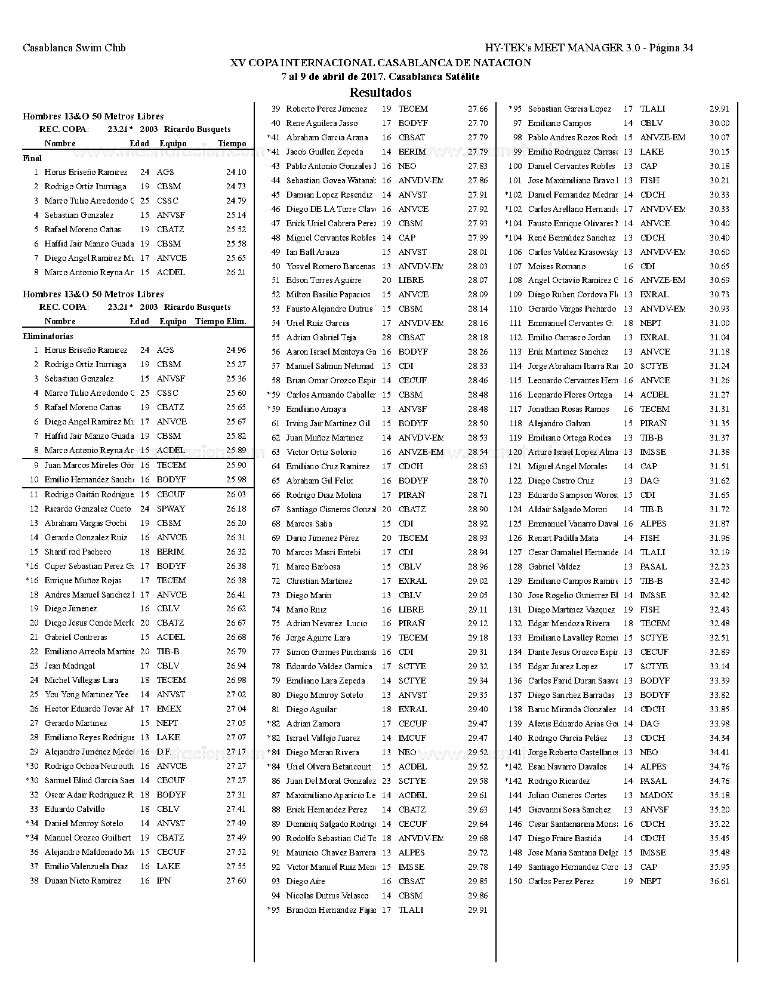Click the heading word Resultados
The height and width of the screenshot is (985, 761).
[x=380, y=93]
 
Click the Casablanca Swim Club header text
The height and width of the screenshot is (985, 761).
[x=74, y=48]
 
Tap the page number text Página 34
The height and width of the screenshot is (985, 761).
[x=671, y=48]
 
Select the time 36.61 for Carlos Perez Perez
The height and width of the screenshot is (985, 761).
[x=719, y=881]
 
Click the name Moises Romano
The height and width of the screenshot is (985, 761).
[x=556, y=266]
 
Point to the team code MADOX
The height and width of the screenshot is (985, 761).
[x=656, y=795]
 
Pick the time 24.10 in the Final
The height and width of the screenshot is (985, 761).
[x=236, y=172]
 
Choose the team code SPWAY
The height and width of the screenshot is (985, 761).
[x=171, y=509]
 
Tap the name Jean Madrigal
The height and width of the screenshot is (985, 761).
[x=69, y=666]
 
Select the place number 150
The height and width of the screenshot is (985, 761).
[x=514, y=881]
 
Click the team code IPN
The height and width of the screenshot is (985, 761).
[x=164, y=881]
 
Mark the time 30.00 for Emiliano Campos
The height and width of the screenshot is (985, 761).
[x=719, y=123]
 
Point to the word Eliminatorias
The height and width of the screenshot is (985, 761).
[x=48, y=337]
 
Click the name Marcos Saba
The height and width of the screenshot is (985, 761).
[x=309, y=524]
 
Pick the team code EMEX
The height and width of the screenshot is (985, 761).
[x=168, y=709]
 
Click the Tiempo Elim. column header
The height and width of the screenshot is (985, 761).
[x=220, y=321]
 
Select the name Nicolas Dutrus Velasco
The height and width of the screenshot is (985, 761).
[x=327, y=895]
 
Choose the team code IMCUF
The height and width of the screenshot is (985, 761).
[x=412, y=738]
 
